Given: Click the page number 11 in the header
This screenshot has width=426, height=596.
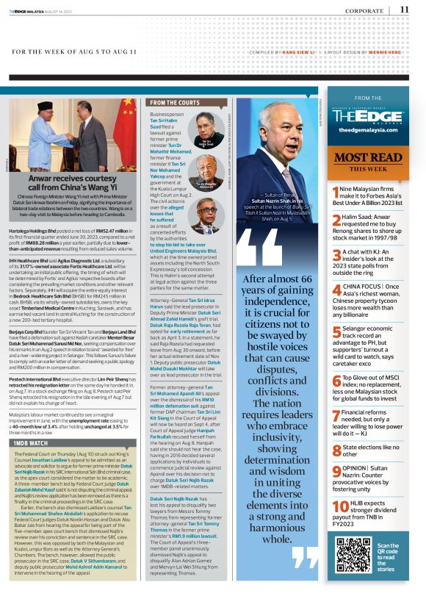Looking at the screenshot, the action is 405,9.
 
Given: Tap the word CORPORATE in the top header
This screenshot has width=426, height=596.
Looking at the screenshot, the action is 367,10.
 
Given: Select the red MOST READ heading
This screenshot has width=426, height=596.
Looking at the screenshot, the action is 368,157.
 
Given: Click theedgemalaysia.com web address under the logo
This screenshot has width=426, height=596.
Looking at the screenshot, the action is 368,129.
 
